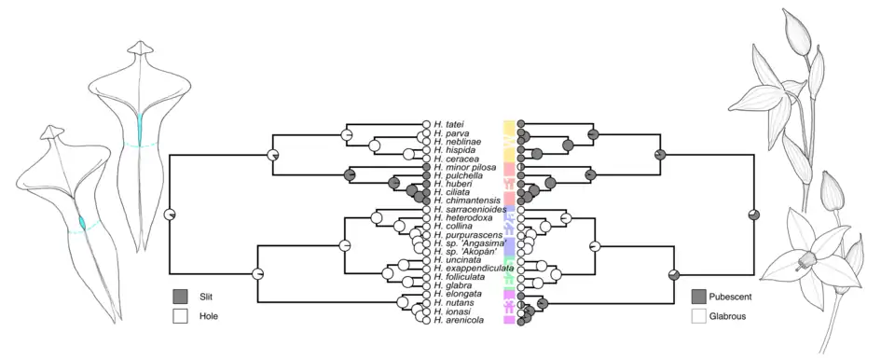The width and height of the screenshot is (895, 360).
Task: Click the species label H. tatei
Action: pos(447,124)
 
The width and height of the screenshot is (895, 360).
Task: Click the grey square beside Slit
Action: pos(180,297)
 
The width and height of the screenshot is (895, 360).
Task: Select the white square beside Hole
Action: pos(180,316)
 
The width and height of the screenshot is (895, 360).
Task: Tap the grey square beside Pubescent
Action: pos(698,297)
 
